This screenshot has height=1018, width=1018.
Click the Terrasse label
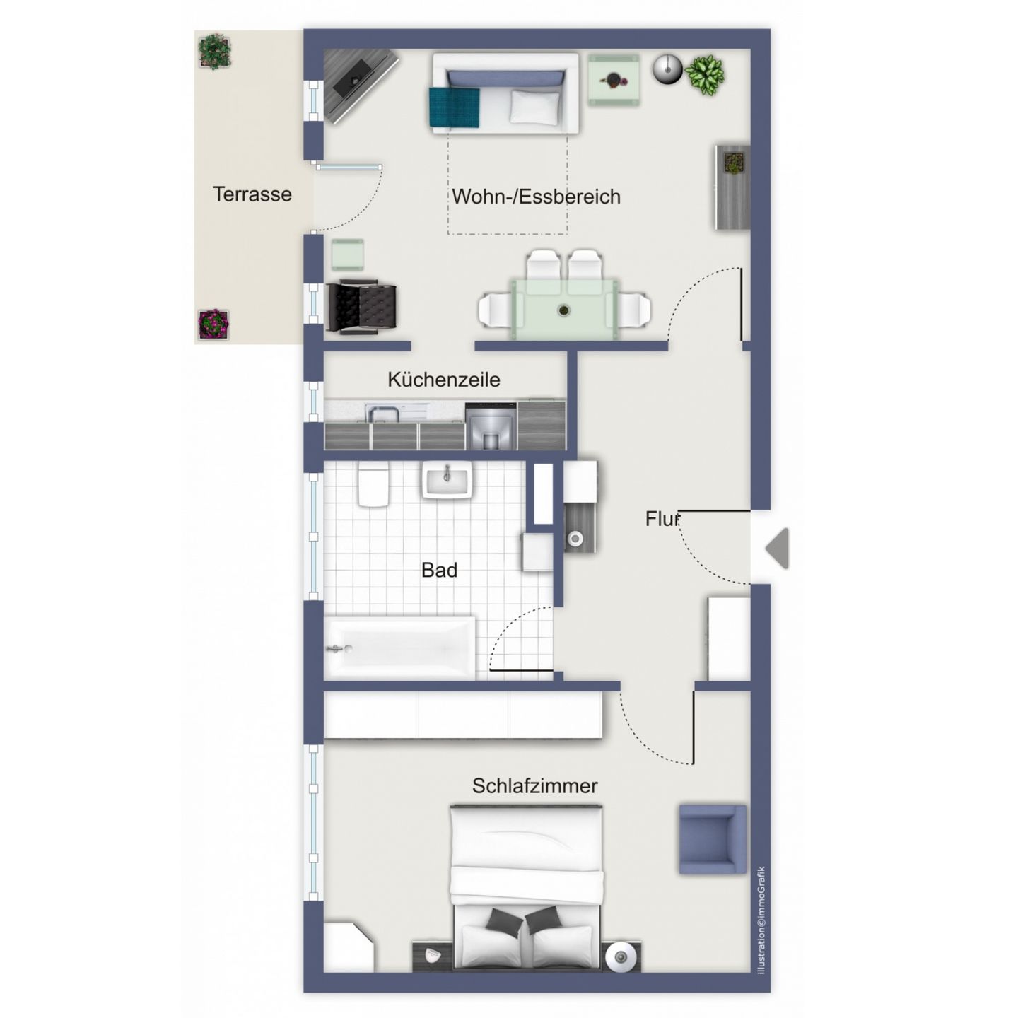coord(252,194)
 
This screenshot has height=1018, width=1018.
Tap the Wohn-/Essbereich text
coord(536,197)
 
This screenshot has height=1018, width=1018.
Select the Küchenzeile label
coord(443,380)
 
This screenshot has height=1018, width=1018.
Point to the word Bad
coord(439,570)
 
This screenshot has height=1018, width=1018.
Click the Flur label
coord(662,519)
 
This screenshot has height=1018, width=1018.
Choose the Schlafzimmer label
coord(534,786)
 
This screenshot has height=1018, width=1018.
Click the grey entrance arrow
coord(778,548)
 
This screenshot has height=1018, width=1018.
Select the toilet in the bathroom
coord(373,485)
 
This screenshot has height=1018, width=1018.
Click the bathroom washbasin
coord(447,481)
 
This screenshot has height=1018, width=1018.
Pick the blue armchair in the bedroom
coord(712,839)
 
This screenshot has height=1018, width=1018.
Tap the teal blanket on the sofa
coord(454,107)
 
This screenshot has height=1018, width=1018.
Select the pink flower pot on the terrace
coord(213,324)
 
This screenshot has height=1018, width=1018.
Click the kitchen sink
coord(382,412)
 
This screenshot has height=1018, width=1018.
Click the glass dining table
coord(563,309)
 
